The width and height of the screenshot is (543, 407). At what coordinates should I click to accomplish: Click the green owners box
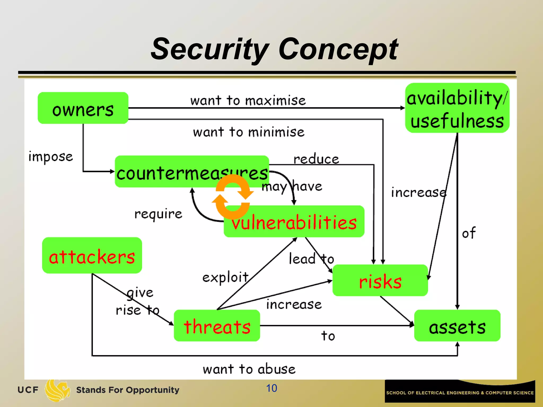tap(83, 108)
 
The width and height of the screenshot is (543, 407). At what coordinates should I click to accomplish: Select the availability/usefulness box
tap(457, 108)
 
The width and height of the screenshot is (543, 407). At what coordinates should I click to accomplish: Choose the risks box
tap(380, 281)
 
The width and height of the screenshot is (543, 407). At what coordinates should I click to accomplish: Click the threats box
tap(217, 326)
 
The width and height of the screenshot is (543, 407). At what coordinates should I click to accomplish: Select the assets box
tap(457, 326)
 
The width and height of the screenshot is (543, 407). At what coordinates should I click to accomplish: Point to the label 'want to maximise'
tap(248, 101)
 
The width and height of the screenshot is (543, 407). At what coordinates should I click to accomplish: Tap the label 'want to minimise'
tap(249, 132)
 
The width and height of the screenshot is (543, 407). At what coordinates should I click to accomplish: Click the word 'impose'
tap(51, 157)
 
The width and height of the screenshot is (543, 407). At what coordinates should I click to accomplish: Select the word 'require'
tap(158, 214)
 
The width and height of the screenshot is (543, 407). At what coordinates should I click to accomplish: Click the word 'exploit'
tap(225, 277)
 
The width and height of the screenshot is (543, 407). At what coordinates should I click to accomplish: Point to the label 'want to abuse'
tap(249, 369)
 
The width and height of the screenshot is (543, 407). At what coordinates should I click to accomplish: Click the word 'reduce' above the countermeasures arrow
tap(316, 159)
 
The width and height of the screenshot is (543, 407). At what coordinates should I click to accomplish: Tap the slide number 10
tap(271, 388)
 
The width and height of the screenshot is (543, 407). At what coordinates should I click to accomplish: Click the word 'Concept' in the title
tap(338, 49)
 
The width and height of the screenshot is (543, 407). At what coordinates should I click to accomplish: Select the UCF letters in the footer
tap(28, 390)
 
